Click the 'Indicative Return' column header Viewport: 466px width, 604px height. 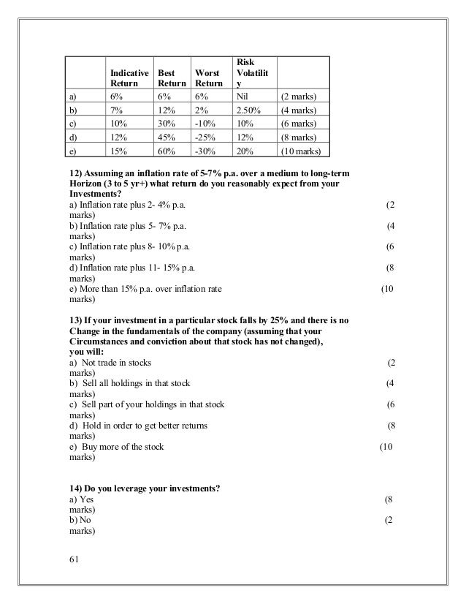click(129, 79)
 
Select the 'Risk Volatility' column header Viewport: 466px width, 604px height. click(251, 72)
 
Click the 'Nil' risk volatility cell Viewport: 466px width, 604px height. click(242, 96)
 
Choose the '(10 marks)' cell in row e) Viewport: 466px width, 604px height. click(304, 152)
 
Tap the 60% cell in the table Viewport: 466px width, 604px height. click(166, 152)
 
